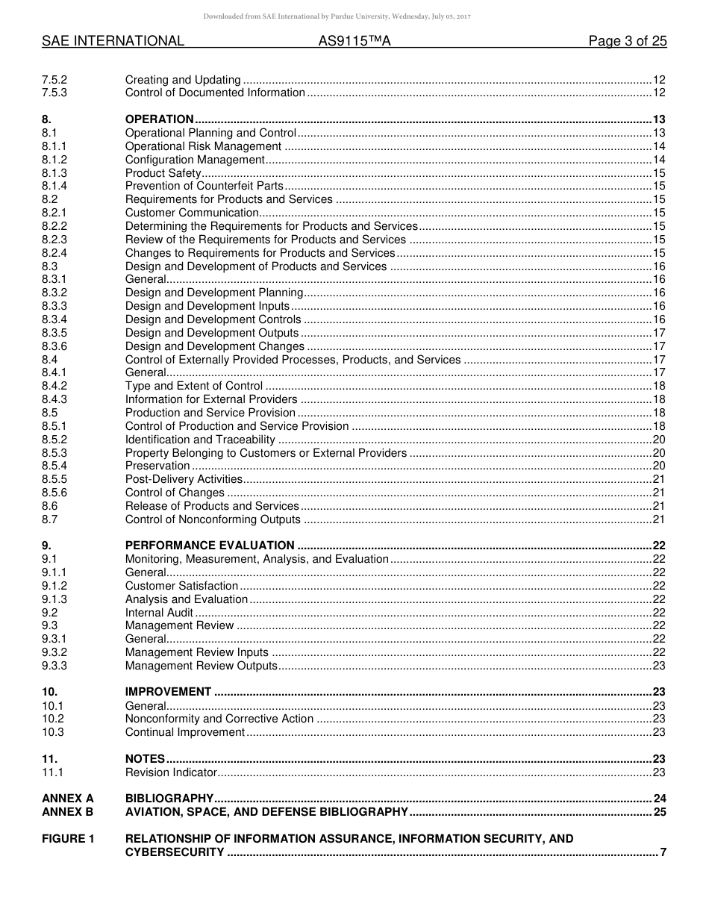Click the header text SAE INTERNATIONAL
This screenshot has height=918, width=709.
tap(113, 42)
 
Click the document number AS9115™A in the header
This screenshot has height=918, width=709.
tap(354, 42)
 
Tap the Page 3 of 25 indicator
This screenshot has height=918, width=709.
tap(627, 42)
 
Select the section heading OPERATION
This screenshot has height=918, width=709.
tap(160, 119)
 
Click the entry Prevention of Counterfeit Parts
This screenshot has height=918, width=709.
tap(204, 186)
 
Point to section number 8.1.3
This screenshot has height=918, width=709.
tap(54, 173)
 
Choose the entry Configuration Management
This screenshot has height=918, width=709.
tap(195, 160)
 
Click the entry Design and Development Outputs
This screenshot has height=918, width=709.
tap(212, 333)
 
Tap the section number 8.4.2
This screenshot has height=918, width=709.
tap(54, 386)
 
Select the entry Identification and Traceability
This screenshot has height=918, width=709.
tap(200, 440)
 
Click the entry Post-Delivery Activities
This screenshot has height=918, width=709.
tap(184, 479)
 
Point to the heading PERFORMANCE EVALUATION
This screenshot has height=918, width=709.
tap(210, 546)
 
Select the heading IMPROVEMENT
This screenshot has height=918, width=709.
tap(168, 692)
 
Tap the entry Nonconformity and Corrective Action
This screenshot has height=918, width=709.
tap(219, 719)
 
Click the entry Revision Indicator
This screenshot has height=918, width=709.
tap(171, 772)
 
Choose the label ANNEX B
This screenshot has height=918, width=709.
tap(68, 812)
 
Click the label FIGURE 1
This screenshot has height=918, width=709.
tap(68, 839)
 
